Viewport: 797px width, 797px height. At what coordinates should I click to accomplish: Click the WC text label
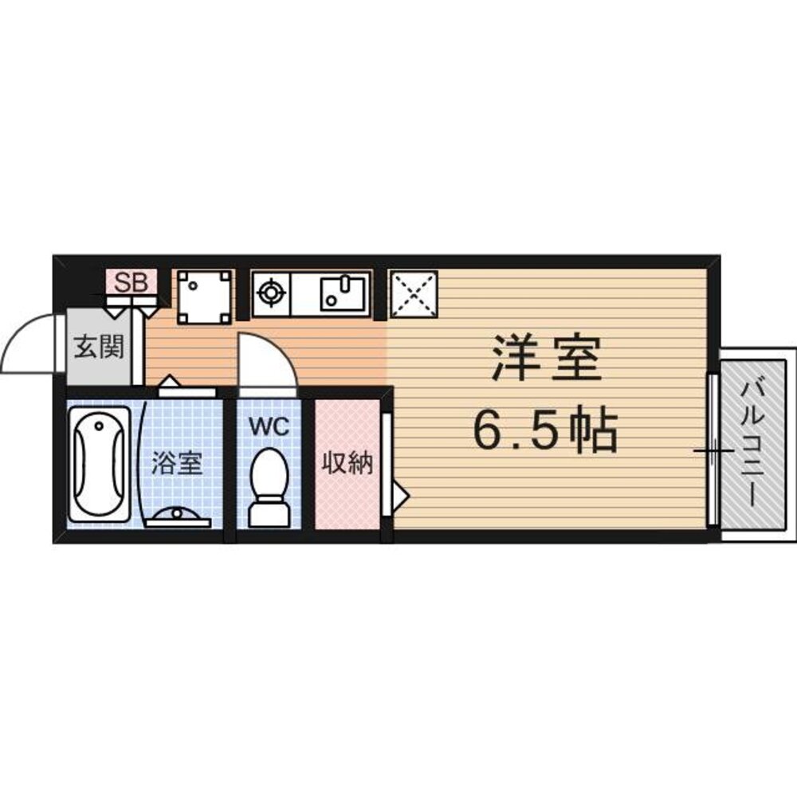coord(268,426)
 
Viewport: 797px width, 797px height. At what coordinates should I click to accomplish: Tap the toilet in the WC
coord(268,486)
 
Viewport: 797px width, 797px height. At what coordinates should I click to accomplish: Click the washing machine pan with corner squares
coord(204,296)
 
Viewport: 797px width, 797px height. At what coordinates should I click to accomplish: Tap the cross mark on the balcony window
coord(712,452)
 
